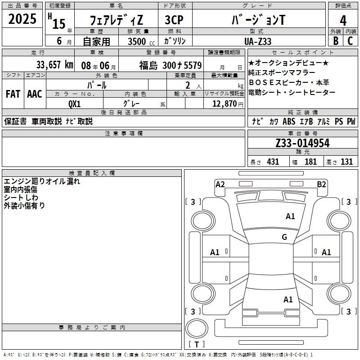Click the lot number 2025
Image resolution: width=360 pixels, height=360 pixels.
pyautogui.click(x=22, y=19)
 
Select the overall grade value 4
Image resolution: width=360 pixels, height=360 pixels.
pyautogui.click(x=343, y=21)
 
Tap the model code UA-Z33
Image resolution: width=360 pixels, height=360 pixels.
pyautogui.click(x=258, y=41)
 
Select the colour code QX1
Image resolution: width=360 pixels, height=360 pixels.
pyautogui.click(x=74, y=103)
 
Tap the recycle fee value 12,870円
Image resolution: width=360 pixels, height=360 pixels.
pyautogui.click(x=224, y=103)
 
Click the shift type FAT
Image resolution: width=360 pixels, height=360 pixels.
pyautogui.click(x=13, y=94)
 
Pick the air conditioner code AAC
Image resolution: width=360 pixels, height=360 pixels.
pyautogui.click(x=34, y=94)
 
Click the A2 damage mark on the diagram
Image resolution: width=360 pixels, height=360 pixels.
pyautogui.click(x=220, y=184)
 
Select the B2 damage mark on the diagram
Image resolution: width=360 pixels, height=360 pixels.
pyautogui.click(x=321, y=184)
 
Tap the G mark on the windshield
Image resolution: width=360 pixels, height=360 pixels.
pyautogui.click(x=284, y=237)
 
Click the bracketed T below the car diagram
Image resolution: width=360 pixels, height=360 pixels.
pyautogui.click(x=197, y=344)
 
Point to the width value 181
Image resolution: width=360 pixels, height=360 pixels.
pyautogui.click(x=310, y=162)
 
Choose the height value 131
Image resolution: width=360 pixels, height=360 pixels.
pyautogui.click(x=346, y=162)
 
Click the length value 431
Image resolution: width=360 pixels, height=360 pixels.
pyautogui.click(x=273, y=162)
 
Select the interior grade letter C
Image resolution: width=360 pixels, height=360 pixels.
pyautogui.click(x=350, y=41)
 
